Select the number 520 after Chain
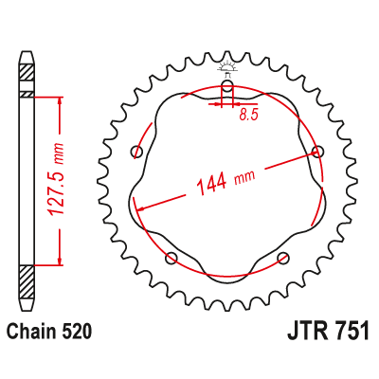(x=79, y=333)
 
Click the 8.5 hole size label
(x=249, y=115)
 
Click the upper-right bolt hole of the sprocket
(x=317, y=152)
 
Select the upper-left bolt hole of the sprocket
(x=137, y=152)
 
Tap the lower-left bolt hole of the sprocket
(x=171, y=258)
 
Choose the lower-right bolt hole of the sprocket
(x=282, y=258)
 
